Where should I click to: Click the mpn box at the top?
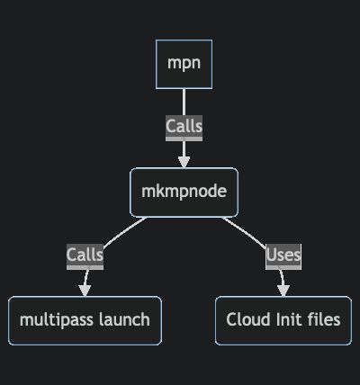184,64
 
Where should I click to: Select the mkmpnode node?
184,192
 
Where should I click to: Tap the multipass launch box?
85,319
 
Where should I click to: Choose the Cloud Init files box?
283,319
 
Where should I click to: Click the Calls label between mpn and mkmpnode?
184,127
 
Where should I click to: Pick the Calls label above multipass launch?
85,255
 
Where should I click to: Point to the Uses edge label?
283,255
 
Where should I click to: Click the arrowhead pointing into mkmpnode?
184,162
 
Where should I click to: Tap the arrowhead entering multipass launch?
85,290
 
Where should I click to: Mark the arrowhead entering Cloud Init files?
283,290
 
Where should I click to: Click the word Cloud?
246,319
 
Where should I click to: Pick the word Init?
285,319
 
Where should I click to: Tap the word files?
323,319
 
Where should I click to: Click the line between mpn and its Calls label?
184,102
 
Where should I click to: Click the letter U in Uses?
272,255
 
